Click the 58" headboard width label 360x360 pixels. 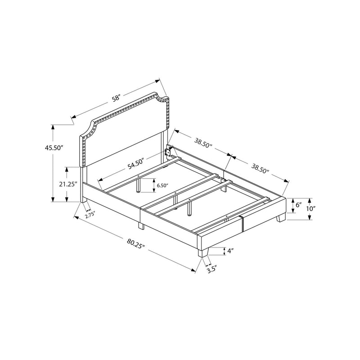pos(116,98)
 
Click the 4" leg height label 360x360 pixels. pos(230,251)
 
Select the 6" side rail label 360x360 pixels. pos(298,205)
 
